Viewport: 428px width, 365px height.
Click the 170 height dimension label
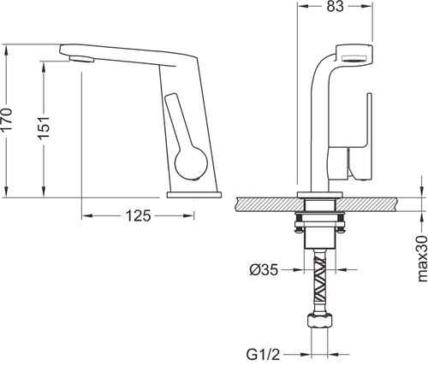(7, 120)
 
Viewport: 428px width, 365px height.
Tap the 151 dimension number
(44, 127)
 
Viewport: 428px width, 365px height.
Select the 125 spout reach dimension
(138, 215)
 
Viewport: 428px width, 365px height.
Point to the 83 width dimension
(335, 7)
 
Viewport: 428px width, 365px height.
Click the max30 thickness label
(422, 259)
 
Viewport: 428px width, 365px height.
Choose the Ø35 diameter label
(264, 269)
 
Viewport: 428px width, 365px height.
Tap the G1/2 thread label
(263, 355)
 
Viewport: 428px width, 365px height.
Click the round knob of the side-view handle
(191, 164)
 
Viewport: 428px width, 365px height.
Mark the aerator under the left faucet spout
(81, 59)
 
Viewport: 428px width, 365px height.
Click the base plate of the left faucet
(194, 195)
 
